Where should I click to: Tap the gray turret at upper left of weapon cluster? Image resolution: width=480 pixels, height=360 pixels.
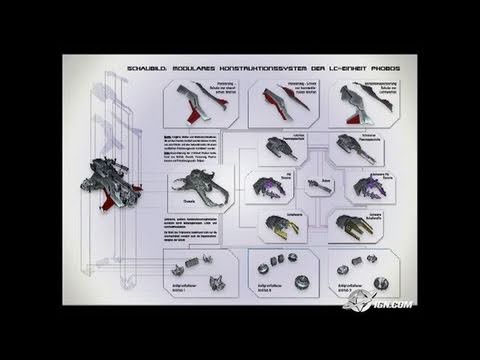tap(279, 150)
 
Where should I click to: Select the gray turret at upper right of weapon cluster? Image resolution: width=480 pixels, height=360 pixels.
tap(350, 148)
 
